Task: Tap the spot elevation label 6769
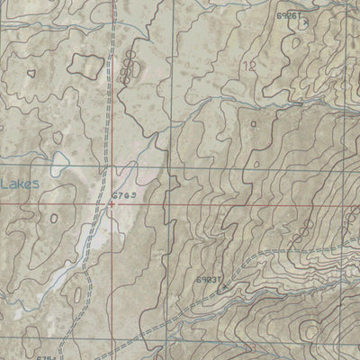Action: pos(124,194)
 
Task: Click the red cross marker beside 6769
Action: pos(112,203)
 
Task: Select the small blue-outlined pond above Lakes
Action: pos(59,164)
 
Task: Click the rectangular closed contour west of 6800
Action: pos(87,65)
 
